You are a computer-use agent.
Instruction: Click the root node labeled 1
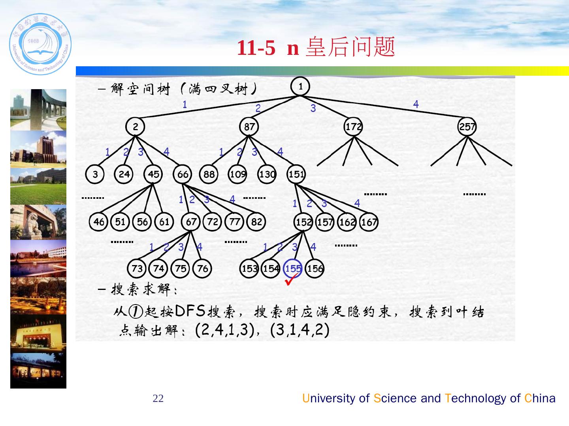(300, 87)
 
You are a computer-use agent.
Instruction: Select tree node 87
(249, 127)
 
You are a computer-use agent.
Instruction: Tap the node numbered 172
(353, 127)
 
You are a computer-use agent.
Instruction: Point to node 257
(467, 127)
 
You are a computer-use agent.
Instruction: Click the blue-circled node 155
(293, 269)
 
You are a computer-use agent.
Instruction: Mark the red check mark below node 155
(292, 280)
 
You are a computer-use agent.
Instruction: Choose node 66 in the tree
(183, 174)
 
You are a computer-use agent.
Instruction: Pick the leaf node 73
(137, 269)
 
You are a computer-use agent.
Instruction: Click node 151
(296, 174)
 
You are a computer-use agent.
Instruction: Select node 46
(98, 222)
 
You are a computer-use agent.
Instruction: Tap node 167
(369, 222)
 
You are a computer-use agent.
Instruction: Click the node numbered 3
(95, 174)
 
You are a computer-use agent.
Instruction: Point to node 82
(256, 222)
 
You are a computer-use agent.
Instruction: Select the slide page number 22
(158, 398)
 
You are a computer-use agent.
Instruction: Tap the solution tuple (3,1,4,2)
(300, 330)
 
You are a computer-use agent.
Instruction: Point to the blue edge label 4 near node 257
(416, 104)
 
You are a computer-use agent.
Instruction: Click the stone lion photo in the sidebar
(38, 222)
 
